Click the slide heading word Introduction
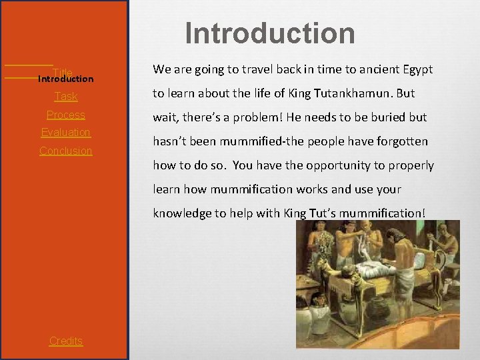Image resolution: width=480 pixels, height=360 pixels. tap(270, 33)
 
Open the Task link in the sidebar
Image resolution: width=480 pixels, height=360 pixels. tap(66, 97)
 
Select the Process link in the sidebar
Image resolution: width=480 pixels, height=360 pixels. tap(66, 115)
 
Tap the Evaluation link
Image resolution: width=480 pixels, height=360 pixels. tap(66, 132)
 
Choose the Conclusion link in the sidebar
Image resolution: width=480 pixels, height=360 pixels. tap(66, 151)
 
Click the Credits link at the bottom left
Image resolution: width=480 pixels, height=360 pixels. tap(66, 341)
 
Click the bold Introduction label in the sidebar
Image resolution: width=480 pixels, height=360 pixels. tap(66, 79)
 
